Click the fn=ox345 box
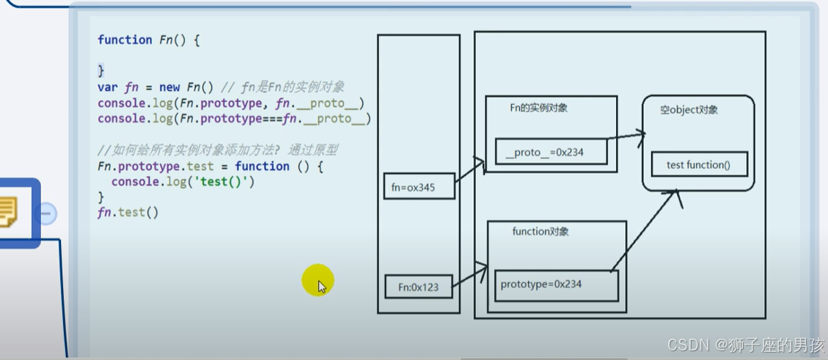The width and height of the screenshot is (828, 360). coord(419,187)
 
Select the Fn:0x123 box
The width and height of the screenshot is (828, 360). coord(418,287)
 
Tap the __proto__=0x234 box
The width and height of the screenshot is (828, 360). coord(551,152)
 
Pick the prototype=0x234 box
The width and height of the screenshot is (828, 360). coord(557,284)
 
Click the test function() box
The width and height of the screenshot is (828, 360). coord(699,165)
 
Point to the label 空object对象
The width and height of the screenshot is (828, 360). coord(689,110)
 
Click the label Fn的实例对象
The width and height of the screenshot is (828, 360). coord(538,108)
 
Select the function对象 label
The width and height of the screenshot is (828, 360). coord(541,232)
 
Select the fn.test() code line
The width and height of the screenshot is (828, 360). coord(128,213)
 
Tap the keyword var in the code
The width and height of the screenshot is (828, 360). coord(108,87)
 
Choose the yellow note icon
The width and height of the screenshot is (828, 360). coord(10,212)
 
